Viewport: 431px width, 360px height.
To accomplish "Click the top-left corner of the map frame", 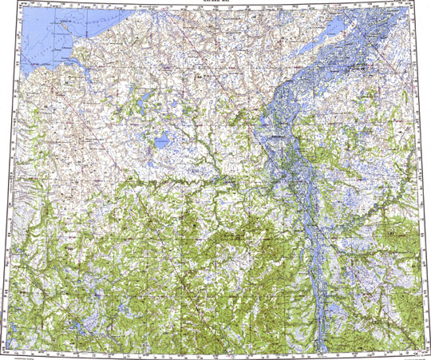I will [17, 7].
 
